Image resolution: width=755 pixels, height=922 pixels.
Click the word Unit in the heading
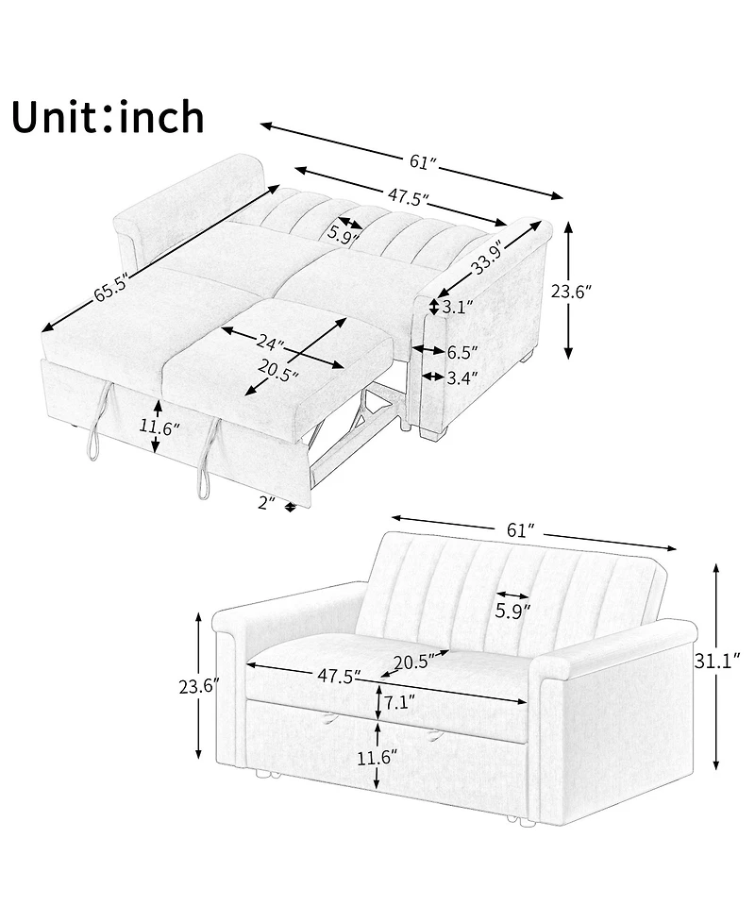click(x=56, y=117)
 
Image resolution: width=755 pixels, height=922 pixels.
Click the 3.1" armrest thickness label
click(x=460, y=307)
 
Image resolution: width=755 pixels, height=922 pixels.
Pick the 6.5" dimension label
click(x=461, y=352)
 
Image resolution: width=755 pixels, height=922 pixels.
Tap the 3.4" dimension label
click(x=461, y=377)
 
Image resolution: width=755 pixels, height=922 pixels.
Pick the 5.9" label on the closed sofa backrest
click(x=512, y=611)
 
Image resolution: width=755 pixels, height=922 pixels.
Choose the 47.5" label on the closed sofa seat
click(x=340, y=676)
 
